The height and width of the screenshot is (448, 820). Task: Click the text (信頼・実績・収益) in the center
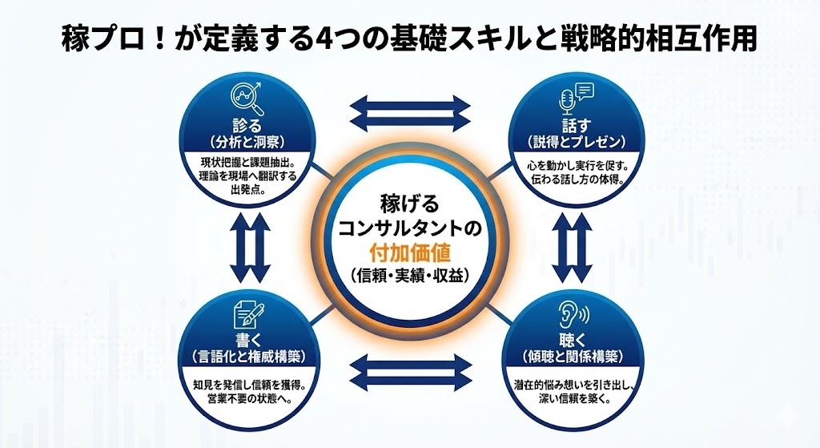click(410, 274)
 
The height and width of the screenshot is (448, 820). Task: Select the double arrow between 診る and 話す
click(411, 112)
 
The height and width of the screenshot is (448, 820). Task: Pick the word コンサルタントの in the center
click(410, 229)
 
